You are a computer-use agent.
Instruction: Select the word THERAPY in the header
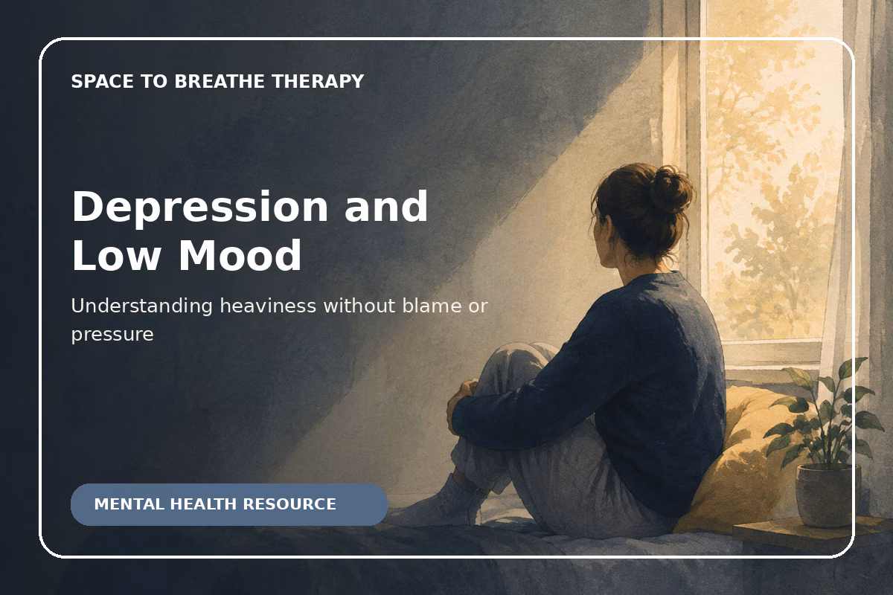pos(319,81)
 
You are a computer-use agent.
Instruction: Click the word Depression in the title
pos(199,208)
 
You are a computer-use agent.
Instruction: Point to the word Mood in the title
pos(240,255)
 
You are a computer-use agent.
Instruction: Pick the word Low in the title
pos(116,255)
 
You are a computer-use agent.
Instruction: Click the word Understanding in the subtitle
pos(141,307)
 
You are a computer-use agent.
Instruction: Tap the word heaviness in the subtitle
pos(268,306)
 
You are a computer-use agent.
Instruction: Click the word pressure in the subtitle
pos(112,335)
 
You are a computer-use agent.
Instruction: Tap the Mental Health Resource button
pos(229,504)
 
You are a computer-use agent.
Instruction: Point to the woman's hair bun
pos(671,190)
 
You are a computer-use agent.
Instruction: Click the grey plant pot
pos(828,495)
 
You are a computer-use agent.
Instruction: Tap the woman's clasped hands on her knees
pos(461,402)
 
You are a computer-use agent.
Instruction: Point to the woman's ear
pos(607,229)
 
